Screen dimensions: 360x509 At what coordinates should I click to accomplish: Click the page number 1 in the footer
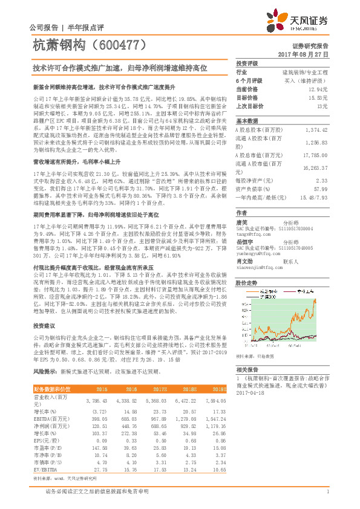pyautogui.click(x=327, y=491)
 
